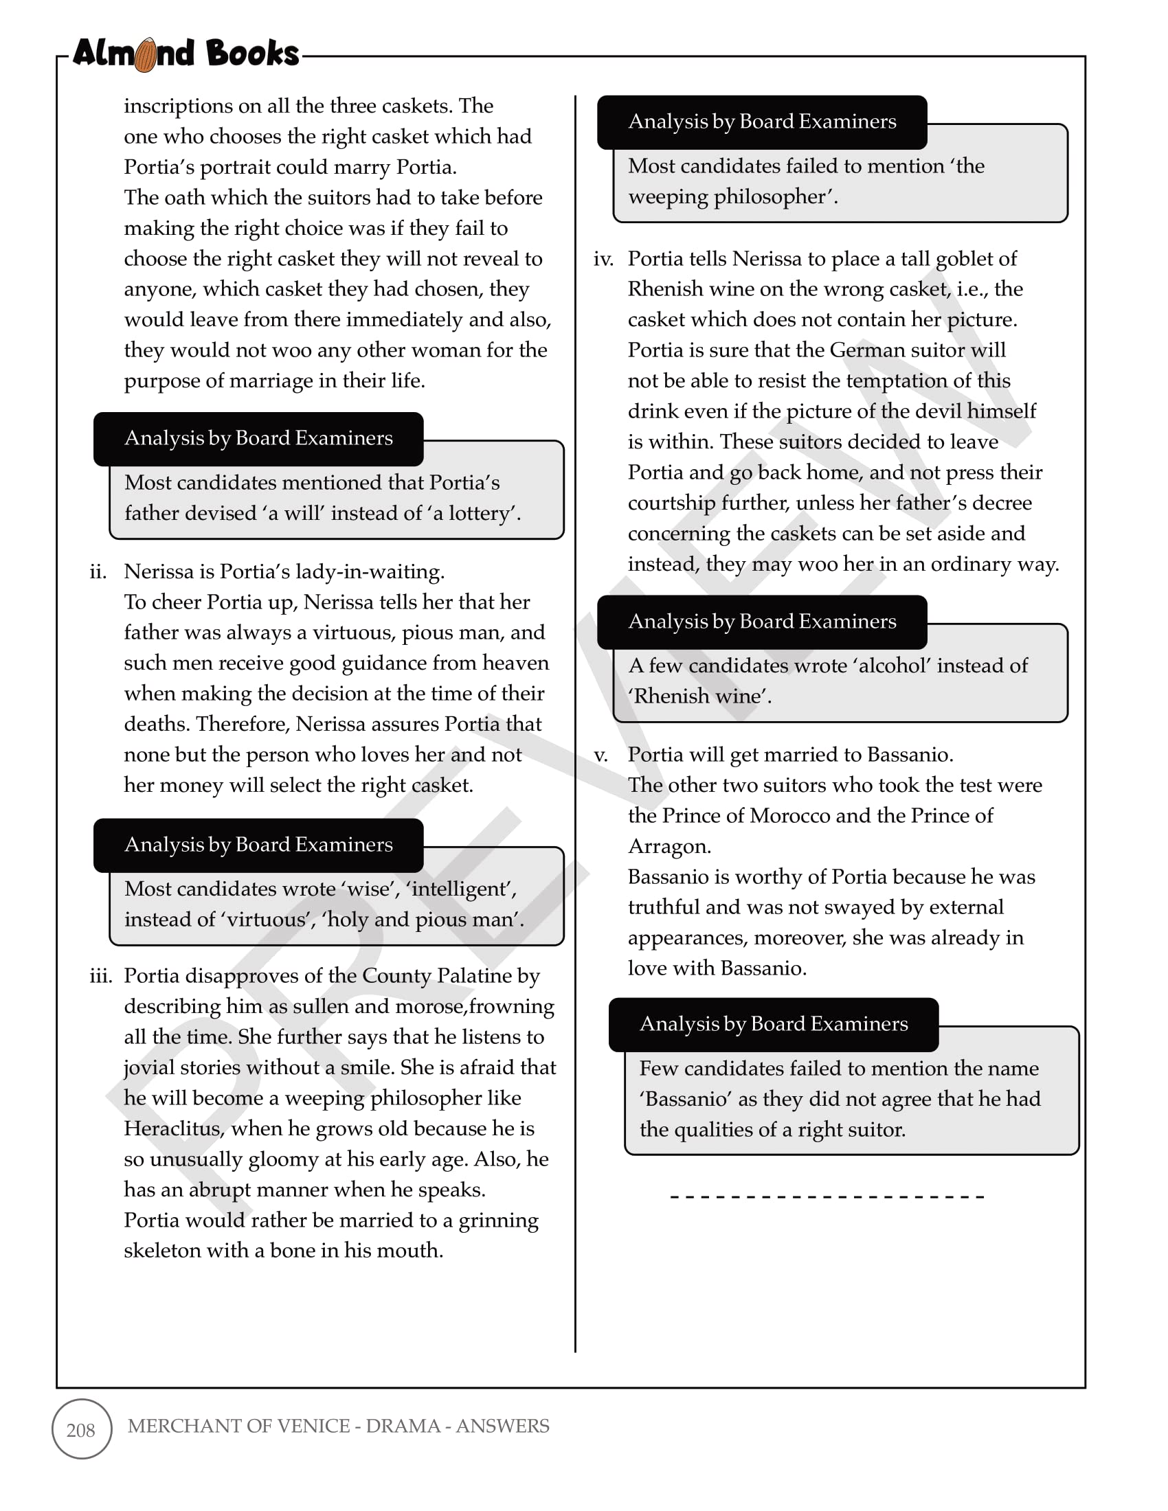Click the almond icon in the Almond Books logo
[x=145, y=56]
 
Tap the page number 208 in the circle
[x=81, y=1429]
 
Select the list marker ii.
[x=98, y=572]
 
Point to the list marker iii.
[x=101, y=976]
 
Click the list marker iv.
[x=603, y=260]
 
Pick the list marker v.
[x=601, y=755]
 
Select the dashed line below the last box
[x=827, y=1196]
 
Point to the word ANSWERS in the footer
[x=502, y=1426]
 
